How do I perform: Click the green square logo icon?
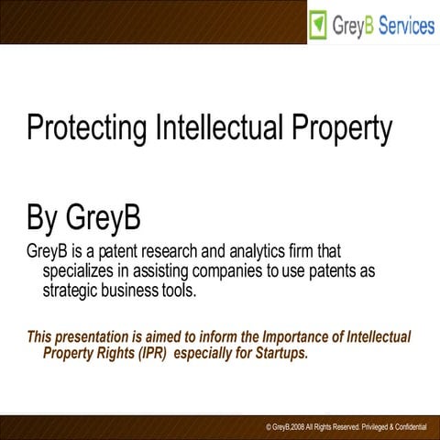click(318, 25)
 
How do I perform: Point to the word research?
click(167, 250)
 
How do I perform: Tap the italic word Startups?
click(281, 354)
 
